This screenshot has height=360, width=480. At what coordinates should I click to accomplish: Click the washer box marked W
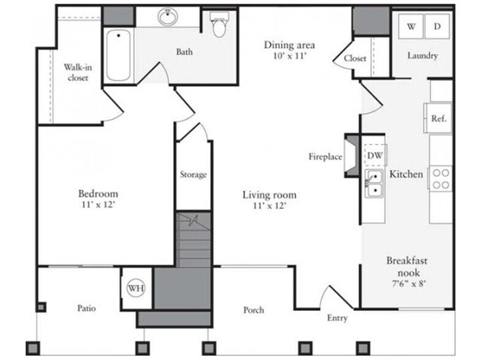tap(411, 26)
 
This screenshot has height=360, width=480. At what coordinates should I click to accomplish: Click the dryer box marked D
tap(437, 26)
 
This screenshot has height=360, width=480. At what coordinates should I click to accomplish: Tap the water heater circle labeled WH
tap(136, 288)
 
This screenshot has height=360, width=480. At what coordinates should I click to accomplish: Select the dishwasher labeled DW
tap(375, 156)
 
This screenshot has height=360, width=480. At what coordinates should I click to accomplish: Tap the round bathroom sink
tap(168, 17)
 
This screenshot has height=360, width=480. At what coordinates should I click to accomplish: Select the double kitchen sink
tap(373, 184)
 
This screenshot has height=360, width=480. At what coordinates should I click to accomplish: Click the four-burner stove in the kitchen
tap(440, 178)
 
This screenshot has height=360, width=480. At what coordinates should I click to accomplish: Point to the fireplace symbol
tap(351, 156)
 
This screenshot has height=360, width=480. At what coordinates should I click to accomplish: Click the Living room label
tap(269, 195)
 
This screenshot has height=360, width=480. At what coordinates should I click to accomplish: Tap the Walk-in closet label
tap(78, 73)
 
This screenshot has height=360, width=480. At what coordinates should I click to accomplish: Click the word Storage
tap(193, 174)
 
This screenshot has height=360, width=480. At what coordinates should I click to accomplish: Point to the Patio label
tap(86, 308)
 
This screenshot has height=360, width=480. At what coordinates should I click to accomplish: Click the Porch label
tap(253, 310)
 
